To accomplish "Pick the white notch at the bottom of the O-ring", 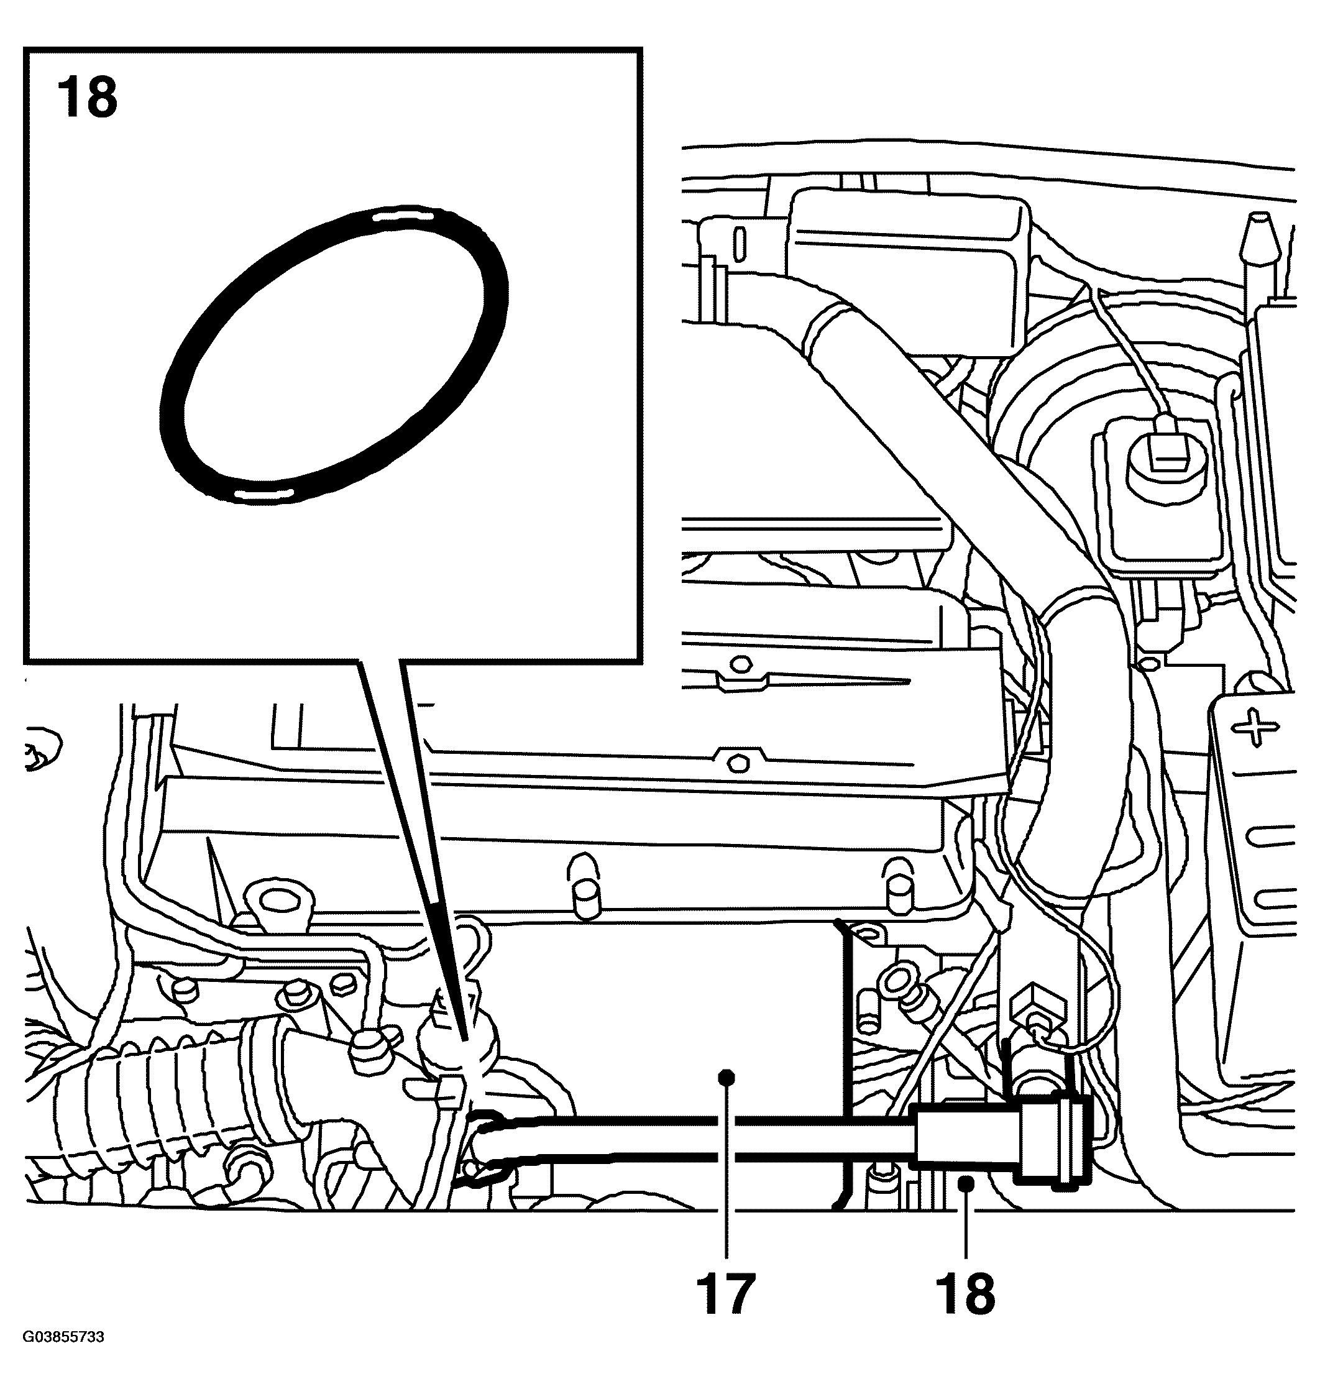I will coord(262,494).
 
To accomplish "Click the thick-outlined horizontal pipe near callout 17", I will coord(704,1147).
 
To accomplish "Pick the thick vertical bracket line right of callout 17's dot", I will coord(848,1055).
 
